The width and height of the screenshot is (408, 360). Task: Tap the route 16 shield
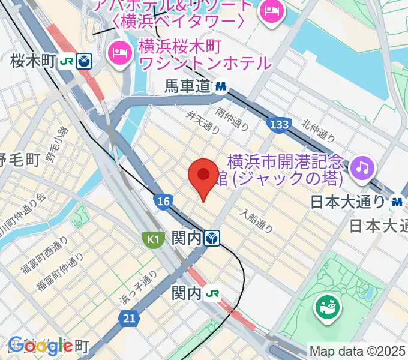[162, 202]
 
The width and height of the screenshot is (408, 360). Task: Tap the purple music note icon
[363, 166]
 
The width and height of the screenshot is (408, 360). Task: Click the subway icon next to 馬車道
[221, 87]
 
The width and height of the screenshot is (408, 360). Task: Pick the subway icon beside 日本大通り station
[397, 202]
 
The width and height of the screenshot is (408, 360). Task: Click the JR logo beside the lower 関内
[212, 293]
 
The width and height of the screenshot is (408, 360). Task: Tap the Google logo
[40, 346]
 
